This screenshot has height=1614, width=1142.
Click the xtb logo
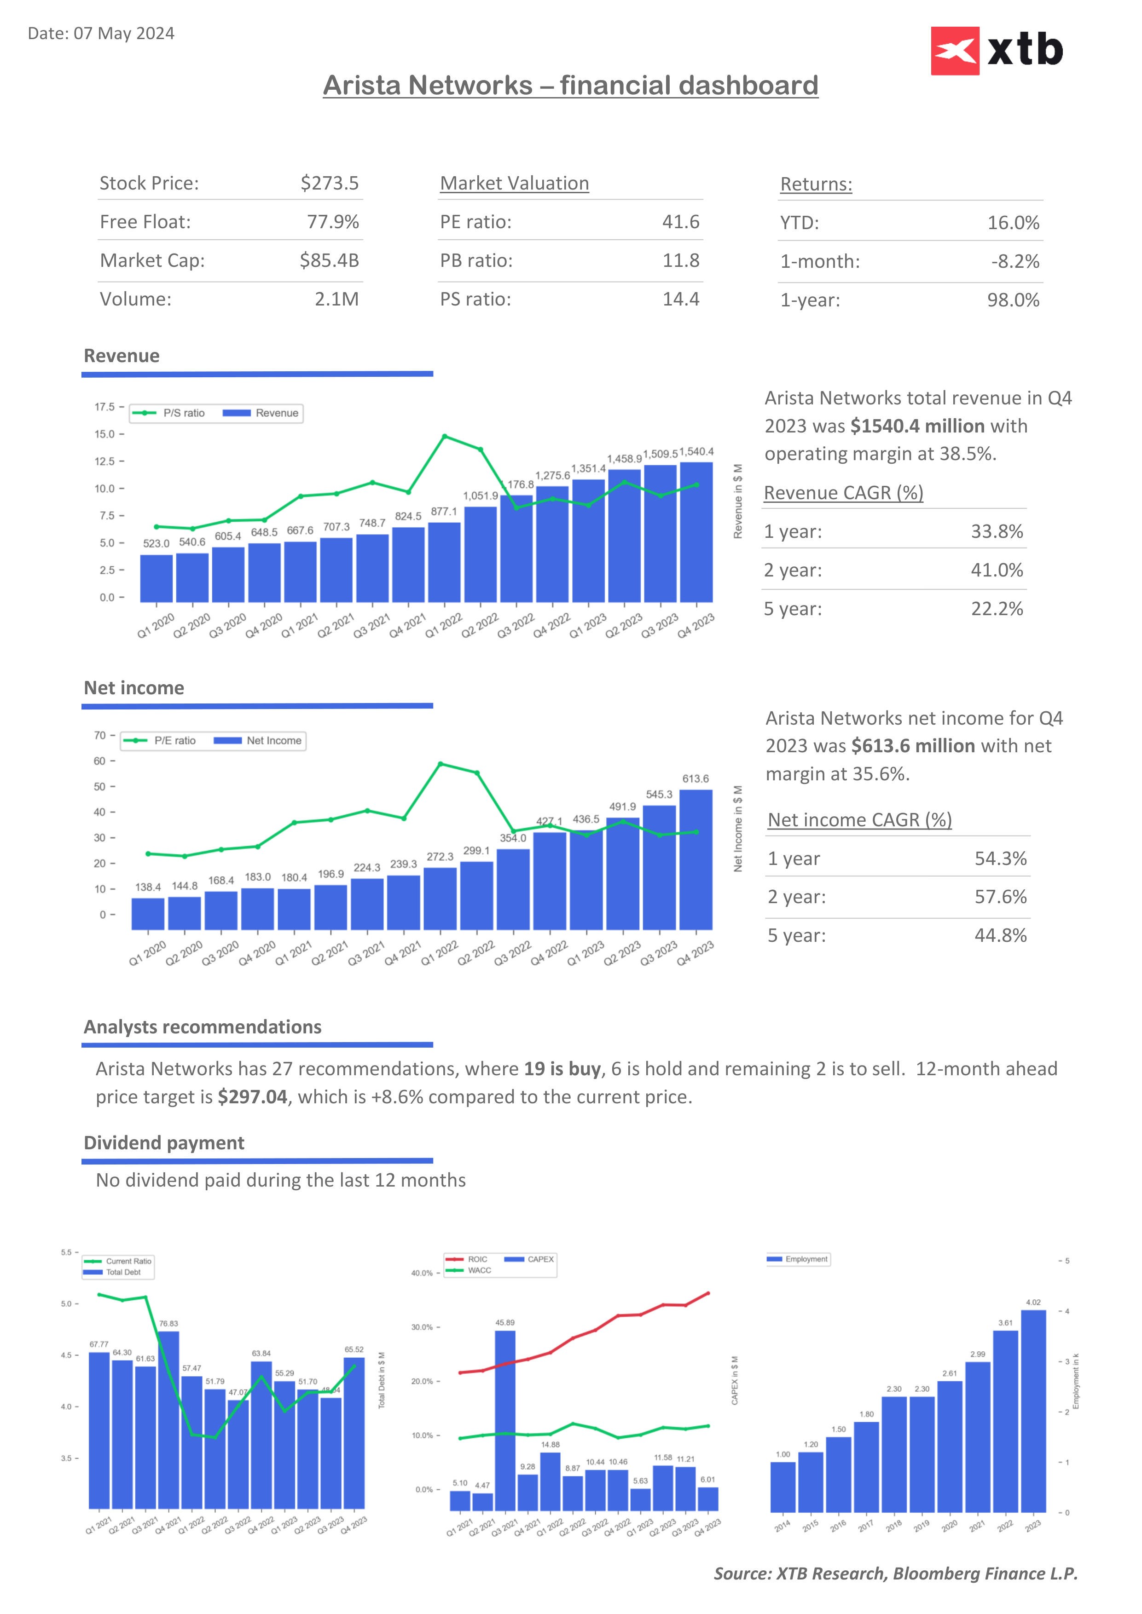(997, 51)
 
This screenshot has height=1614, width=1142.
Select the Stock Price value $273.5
(329, 184)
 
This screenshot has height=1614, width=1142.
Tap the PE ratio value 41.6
(680, 222)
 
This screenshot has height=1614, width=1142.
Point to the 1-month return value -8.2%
(1014, 261)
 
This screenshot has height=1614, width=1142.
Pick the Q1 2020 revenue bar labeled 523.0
(156, 578)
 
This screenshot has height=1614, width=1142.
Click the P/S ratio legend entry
(169, 413)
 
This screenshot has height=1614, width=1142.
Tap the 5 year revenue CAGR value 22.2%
(997, 609)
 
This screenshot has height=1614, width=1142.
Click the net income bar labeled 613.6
(696, 859)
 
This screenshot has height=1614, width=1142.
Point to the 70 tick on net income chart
(100, 735)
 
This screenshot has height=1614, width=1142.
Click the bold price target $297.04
(252, 1097)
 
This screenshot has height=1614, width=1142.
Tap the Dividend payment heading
(164, 1143)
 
